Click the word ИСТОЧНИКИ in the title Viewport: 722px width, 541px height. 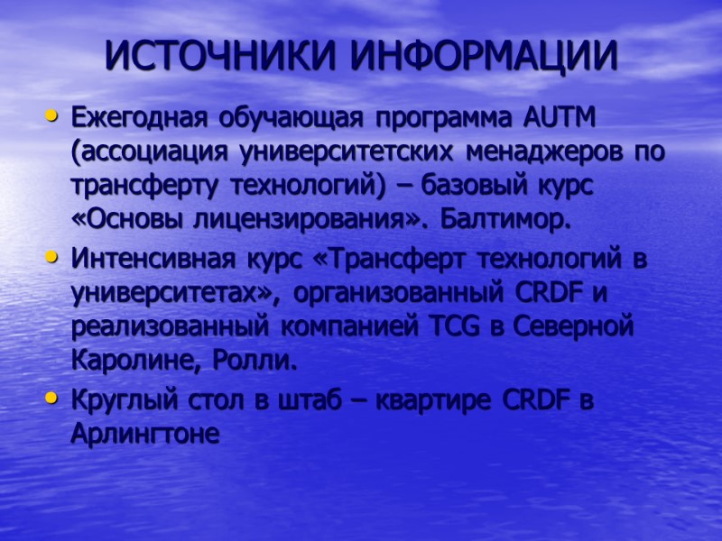tap(222, 56)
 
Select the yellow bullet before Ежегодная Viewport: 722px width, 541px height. tap(52, 116)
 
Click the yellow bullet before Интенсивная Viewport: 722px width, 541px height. tap(52, 259)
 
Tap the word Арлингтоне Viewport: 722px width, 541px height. tap(144, 435)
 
